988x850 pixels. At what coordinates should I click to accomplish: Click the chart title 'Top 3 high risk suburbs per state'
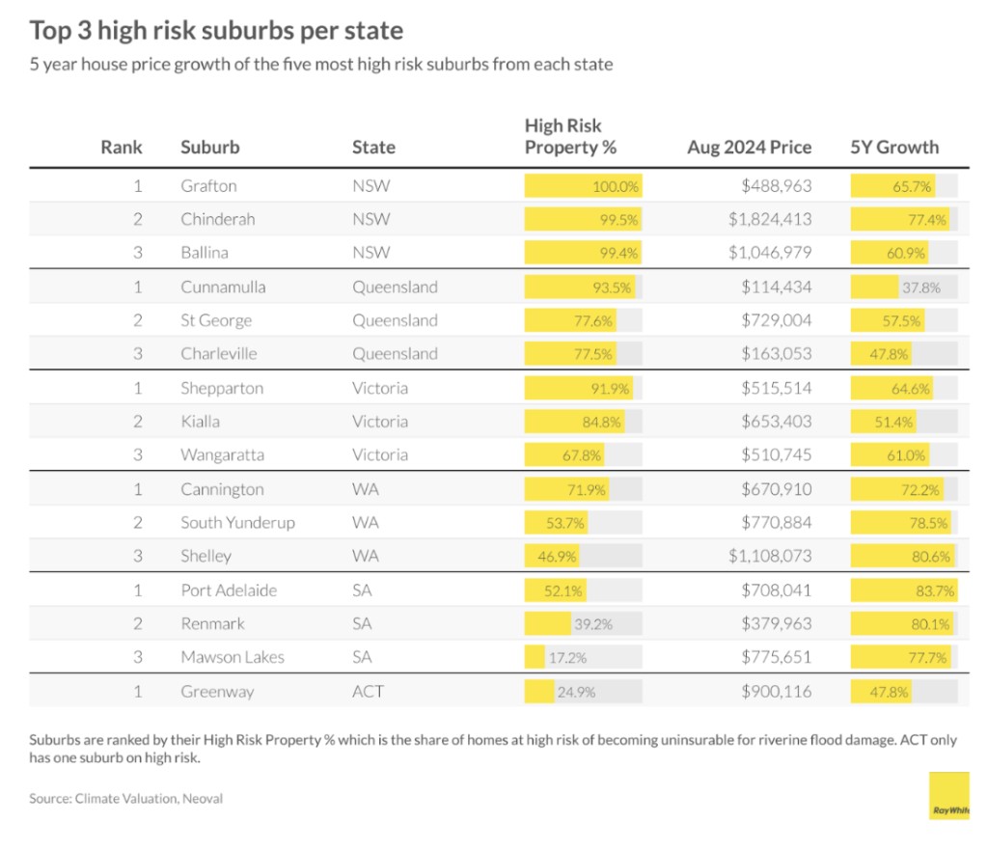point(216,30)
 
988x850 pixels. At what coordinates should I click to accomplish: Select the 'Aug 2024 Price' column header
point(749,148)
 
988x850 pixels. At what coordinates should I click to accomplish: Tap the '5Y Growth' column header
point(893,148)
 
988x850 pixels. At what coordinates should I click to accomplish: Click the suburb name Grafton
point(208,186)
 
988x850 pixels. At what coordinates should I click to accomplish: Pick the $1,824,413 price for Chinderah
point(770,220)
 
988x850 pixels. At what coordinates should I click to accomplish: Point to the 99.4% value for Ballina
point(618,254)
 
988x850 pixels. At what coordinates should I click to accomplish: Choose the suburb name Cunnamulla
point(223,288)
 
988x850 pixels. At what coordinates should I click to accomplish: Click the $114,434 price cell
point(776,288)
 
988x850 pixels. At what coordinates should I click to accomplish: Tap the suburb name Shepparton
point(222,388)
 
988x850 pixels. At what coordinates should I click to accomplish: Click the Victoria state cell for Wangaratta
point(380,454)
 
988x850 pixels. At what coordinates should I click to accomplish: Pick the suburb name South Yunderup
point(237,523)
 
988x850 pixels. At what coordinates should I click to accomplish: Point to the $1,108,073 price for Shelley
point(770,556)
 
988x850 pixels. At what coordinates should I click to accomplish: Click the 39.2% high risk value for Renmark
point(593,624)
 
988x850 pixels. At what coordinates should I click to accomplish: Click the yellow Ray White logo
point(949,796)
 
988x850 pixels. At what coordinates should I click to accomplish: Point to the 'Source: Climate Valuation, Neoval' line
point(126,799)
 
